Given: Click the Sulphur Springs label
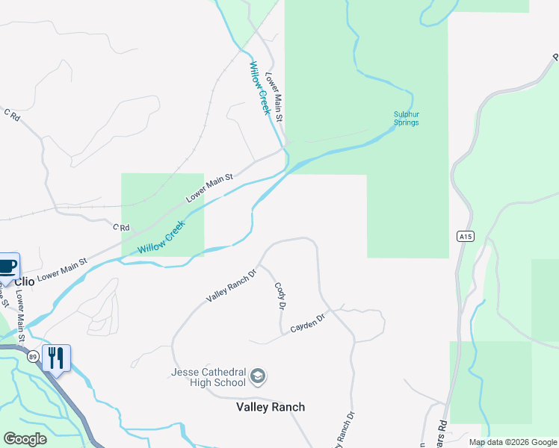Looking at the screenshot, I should click(407, 118).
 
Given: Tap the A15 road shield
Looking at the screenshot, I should click(466, 237).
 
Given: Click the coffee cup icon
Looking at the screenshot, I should click(7, 266).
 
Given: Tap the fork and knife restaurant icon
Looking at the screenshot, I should click(56, 358).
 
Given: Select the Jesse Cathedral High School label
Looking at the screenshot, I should click(209, 378).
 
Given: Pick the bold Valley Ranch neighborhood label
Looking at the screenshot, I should click(271, 407).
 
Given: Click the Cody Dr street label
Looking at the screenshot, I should click(281, 296).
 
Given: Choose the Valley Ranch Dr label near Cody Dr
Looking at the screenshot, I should click(231, 285).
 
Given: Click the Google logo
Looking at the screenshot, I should click(25, 439).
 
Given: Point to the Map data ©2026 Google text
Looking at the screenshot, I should click(512, 442).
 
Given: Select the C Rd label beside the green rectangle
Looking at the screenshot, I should click(121, 227).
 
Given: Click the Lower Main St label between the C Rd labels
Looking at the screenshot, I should click(210, 187).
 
